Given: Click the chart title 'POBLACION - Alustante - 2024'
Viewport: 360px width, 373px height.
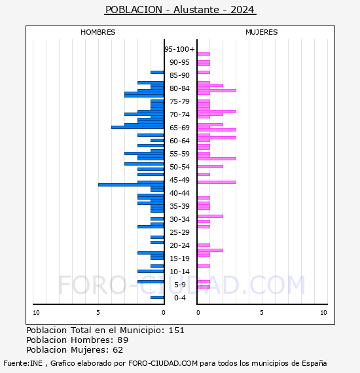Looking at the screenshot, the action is pos(180,10).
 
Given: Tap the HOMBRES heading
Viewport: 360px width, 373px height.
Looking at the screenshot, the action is pos(98,32).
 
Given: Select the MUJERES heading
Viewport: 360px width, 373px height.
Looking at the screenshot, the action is pos(262,32).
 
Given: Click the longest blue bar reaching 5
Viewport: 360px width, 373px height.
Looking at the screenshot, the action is pos(131,185).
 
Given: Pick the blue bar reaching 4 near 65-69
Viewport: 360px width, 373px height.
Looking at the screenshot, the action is pos(137,127).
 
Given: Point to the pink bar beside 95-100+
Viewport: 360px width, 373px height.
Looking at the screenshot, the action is pos(204,54).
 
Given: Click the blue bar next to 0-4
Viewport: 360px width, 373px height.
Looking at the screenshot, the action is pos(157,297).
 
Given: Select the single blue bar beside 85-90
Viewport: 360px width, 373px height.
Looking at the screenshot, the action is pos(157,73).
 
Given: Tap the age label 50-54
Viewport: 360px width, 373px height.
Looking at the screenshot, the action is pos(179,167).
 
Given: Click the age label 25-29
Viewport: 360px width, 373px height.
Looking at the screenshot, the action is pos(179,232).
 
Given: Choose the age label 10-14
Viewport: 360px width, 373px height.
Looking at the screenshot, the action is pos(179,272).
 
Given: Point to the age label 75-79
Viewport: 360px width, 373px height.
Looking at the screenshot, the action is pos(179,101).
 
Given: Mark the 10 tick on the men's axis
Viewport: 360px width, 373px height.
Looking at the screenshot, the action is pos(36,313).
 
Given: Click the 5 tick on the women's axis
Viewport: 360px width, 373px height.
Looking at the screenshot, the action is pos(262,313).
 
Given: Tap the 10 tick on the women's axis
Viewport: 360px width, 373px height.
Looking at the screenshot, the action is pos(323,313).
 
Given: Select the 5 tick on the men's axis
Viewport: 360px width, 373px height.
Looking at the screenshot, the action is pos(98,313).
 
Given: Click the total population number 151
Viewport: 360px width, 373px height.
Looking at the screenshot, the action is pos(176,330).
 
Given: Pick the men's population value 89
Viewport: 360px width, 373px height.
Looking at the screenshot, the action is pos(123,340).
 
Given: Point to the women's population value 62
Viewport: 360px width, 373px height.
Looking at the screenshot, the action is pos(118,349).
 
